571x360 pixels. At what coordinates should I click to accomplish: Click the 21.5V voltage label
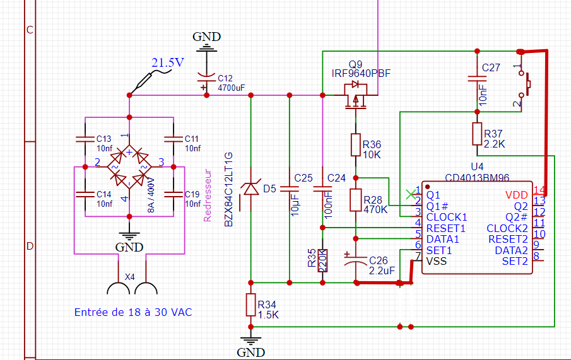(x=168, y=62)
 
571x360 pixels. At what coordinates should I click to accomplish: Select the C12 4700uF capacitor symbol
(x=204, y=80)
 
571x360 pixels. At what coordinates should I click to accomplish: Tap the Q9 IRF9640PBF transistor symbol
(x=355, y=95)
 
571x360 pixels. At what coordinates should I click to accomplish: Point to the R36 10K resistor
(x=355, y=145)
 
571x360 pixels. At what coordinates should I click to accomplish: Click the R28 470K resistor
(x=356, y=200)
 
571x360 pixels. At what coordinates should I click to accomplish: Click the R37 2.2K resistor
(x=476, y=134)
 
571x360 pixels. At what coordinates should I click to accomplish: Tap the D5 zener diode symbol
(x=250, y=188)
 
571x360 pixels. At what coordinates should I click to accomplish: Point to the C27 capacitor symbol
(x=476, y=79)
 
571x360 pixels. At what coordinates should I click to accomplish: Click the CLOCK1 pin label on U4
(x=447, y=217)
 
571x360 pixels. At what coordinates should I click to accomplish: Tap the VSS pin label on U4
(x=437, y=261)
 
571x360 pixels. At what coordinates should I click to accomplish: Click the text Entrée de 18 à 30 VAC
(x=133, y=312)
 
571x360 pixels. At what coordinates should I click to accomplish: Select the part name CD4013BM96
(x=478, y=177)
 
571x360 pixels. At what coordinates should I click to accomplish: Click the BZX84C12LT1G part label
(x=229, y=189)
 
